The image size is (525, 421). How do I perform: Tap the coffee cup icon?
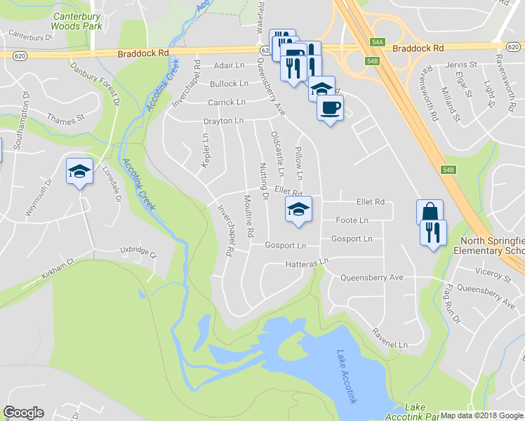pyautogui.click(x=330, y=108)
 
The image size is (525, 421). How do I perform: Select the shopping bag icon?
pyautogui.click(x=430, y=212)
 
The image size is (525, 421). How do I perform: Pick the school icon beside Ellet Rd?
pyautogui.click(x=298, y=209)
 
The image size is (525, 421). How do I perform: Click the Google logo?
pyautogui.click(x=24, y=413)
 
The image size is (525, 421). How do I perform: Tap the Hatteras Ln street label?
pyautogui.click(x=307, y=263)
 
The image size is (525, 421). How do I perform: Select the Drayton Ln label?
pyautogui.click(x=223, y=121)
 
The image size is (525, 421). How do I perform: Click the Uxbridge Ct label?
pyautogui.click(x=138, y=250)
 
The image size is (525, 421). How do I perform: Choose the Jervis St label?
pyautogui.click(x=460, y=65)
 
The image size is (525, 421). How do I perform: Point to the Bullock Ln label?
pyautogui.click(x=229, y=83)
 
